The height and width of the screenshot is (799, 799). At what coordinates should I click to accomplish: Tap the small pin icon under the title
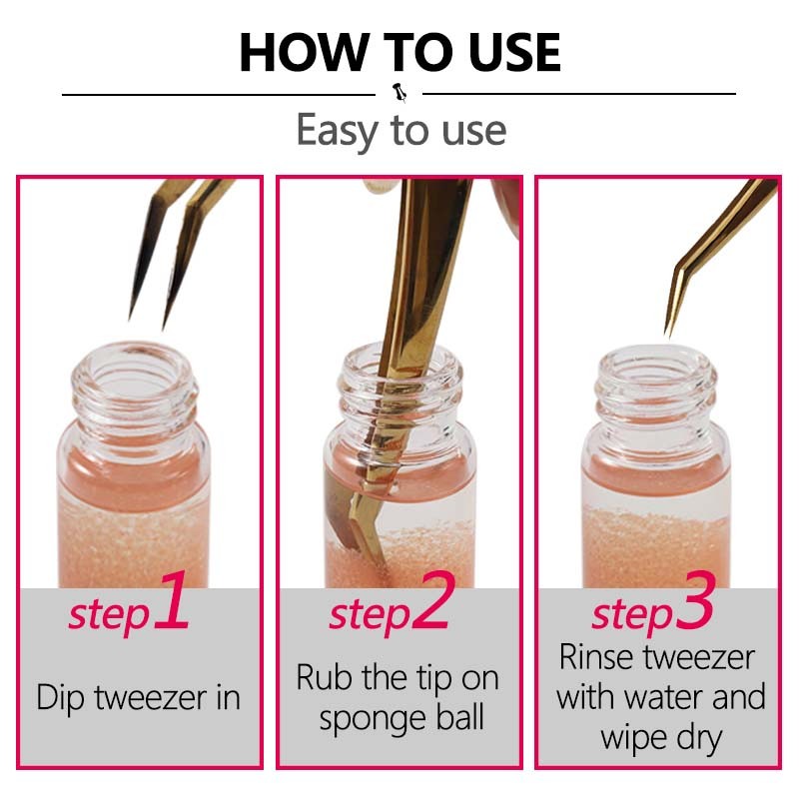(400, 93)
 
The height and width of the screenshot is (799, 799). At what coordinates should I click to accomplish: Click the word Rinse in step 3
(603, 657)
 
